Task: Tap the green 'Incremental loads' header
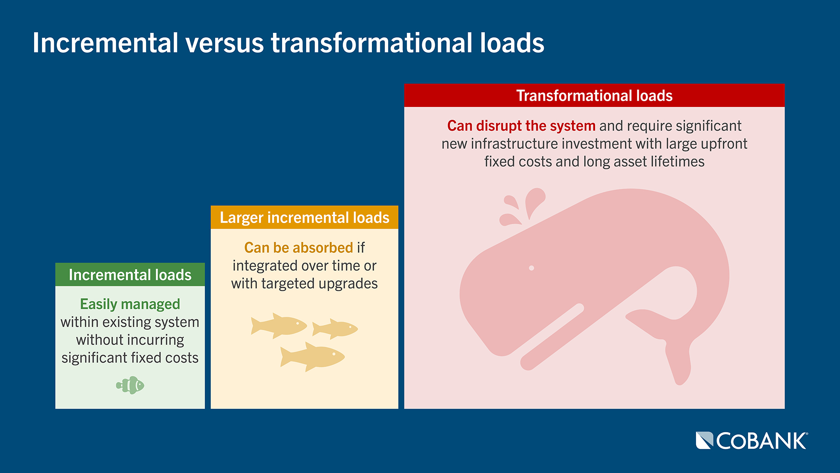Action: tap(130, 275)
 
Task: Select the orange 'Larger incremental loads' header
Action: tap(304, 217)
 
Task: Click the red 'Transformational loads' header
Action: tap(594, 95)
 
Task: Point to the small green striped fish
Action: tap(130, 385)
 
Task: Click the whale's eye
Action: tap(532, 268)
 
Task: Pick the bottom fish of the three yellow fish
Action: tap(312, 357)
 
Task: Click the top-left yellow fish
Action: tap(278, 325)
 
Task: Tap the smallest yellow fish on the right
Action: tap(336, 328)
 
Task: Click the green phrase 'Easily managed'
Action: tap(130, 304)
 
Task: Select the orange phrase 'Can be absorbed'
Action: tap(298, 248)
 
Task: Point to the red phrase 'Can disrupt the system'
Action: tap(521, 126)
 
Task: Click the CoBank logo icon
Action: tap(704, 441)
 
